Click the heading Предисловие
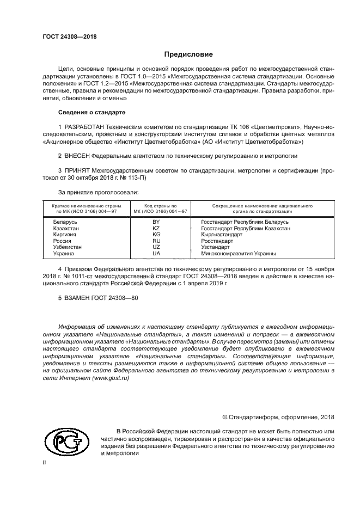[x=188, y=54]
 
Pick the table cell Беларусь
[x=65, y=222]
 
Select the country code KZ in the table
[x=156, y=229]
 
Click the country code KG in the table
[x=156, y=235]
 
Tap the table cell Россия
[x=62, y=241]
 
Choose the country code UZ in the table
[x=156, y=247]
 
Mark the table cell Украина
[x=64, y=253]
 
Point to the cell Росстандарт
[x=217, y=241]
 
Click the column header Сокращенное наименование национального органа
[x=254, y=209]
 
